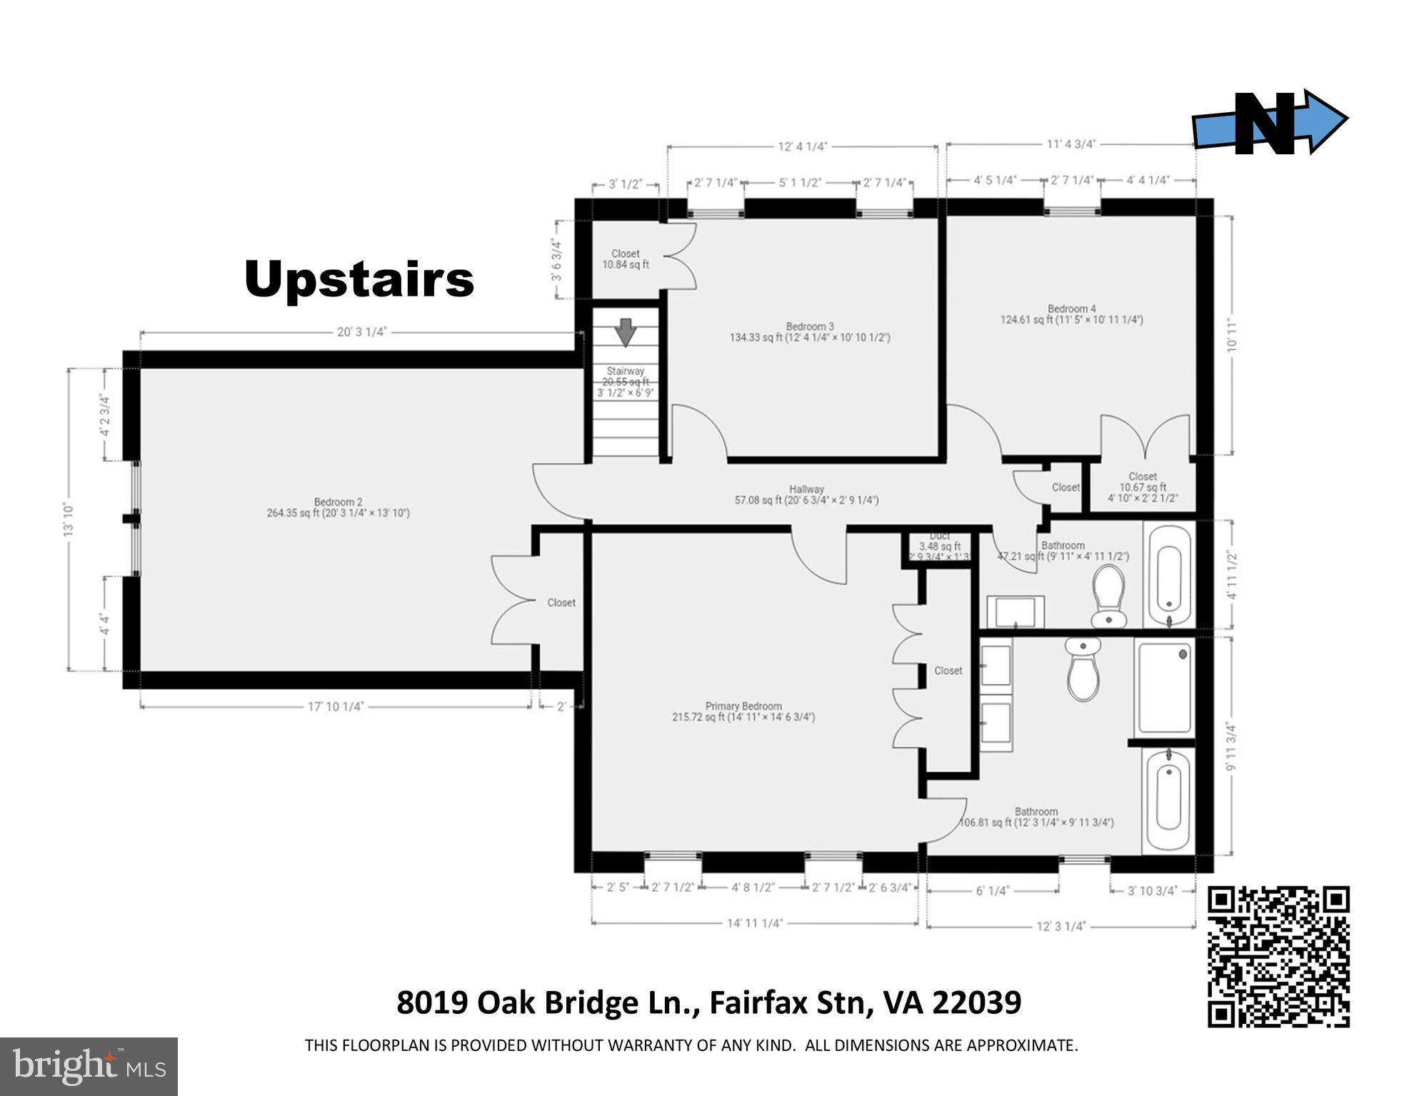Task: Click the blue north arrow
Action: (x=1269, y=122)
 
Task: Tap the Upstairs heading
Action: (x=359, y=279)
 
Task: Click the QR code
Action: (x=1278, y=956)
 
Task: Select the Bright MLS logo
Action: (x=89, y=1066)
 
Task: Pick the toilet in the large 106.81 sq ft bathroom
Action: (x=1083, y=669)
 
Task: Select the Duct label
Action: (x=939, y=536)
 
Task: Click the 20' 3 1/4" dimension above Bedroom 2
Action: (x=361, y=332)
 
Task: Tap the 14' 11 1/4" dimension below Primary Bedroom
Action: (x=755, y=923)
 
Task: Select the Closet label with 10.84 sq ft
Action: (x=626, y=259)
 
